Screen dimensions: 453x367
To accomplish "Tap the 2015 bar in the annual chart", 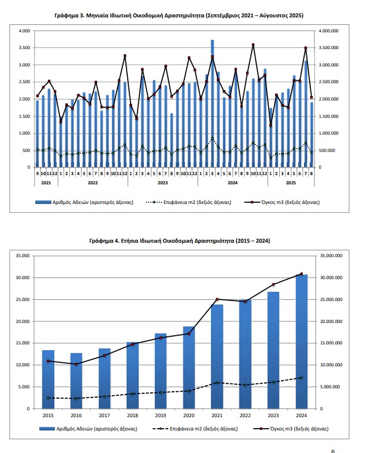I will [48, 379].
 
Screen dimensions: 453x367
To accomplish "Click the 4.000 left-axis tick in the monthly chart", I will [24, 31].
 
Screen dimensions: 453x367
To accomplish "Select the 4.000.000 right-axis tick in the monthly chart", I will [331, 31].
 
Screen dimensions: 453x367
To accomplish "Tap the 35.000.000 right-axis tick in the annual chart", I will [331, 255].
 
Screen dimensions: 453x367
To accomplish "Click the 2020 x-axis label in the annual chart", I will [188, 415].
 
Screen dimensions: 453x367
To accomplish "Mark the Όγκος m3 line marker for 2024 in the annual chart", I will [301, 274].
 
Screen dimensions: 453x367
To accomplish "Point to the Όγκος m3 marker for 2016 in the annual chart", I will [76, 364].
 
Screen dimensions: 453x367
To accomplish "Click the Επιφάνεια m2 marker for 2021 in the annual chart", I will [217, 383].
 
